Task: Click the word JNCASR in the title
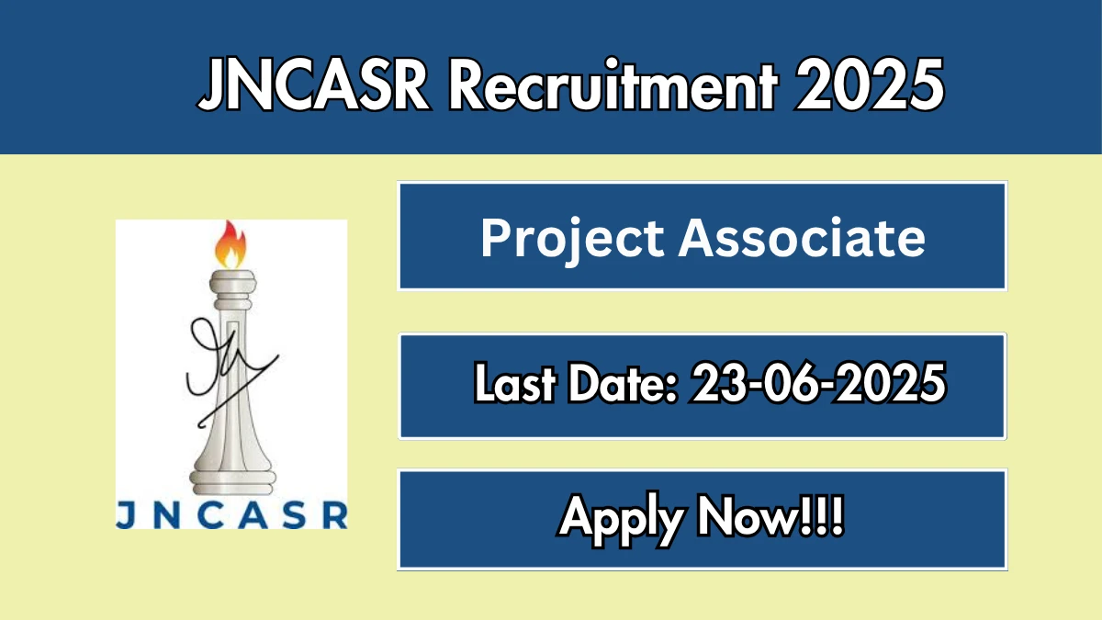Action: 314,84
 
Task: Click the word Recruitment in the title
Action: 613,85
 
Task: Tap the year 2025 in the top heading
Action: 870,85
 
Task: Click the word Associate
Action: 802,238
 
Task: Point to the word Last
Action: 515,382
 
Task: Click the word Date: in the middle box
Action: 624,382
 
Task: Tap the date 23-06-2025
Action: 817,382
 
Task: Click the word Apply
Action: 622,520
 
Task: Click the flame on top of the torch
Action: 231,244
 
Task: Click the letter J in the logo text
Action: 126,514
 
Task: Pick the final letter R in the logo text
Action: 336,514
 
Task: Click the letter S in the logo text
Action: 295,514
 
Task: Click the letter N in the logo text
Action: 167,514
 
